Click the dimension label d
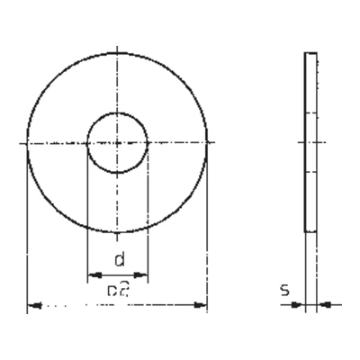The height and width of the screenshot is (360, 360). coord(118,261)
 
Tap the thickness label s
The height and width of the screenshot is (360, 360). coord(284,291)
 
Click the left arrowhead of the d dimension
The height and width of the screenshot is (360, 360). coord(91,275)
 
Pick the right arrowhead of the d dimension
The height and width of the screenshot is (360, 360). coord(143,275)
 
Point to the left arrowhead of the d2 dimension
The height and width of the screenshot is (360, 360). coord(33,307)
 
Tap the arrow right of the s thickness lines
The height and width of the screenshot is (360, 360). coord(323,304)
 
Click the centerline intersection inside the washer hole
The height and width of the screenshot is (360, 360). coord(117,142)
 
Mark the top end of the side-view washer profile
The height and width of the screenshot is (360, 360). coord(311,53)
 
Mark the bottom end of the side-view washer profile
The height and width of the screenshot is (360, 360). coord(311,231)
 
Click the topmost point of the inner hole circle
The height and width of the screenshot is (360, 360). coord(117,112)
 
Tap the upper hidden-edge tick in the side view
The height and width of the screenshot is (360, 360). coord(311,112)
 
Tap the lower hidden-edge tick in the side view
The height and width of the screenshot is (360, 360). coord(311,172)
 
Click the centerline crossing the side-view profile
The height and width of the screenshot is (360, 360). coord(311,142)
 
